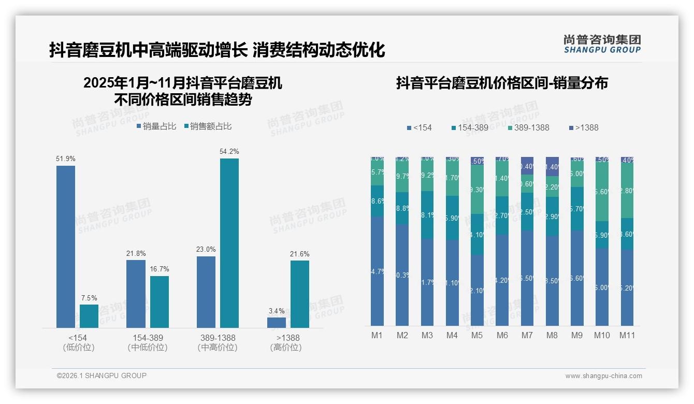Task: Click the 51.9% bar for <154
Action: (66, 246)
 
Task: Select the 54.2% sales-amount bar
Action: (229, 242)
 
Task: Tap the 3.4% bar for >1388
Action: (277, 322)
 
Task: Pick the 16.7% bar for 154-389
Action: (160, 301)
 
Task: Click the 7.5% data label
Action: (89, 298)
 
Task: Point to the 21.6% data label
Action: (300, 254)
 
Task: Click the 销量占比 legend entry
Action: (156, 126)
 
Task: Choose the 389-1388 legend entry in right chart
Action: (528, 127)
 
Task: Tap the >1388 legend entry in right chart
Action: (583, 127)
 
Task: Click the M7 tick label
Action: (527, 335)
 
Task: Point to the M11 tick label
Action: (627, 335)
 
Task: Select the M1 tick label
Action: (377, 335)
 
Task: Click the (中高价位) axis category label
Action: (218, 348)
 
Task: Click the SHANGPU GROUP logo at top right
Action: (602, 44)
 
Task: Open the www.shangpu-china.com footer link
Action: (603, 376)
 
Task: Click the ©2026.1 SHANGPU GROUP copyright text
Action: (102, 376)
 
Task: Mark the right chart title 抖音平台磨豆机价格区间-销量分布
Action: (502, 83)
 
